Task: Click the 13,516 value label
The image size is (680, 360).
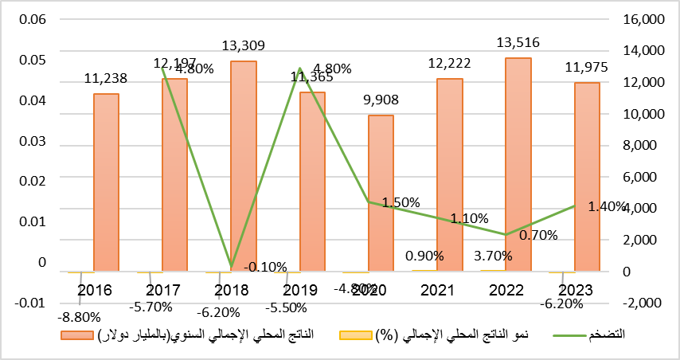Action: [x=518, y=42]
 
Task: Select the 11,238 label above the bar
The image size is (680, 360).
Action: [x=107, y=78]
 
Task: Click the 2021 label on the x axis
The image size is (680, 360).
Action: [x=449, y=290]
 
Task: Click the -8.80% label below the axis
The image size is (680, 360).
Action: [x=78, y=315]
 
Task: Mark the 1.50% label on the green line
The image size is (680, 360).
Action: [x=401, y=202]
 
